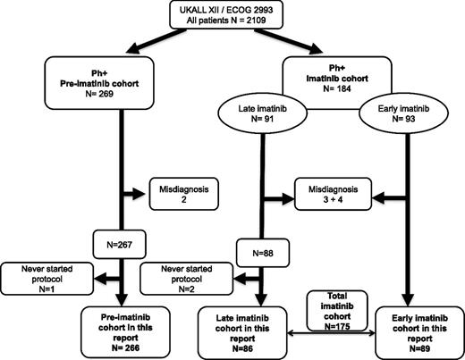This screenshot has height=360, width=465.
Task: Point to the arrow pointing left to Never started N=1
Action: pyautogui.click(x=94, y=277)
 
